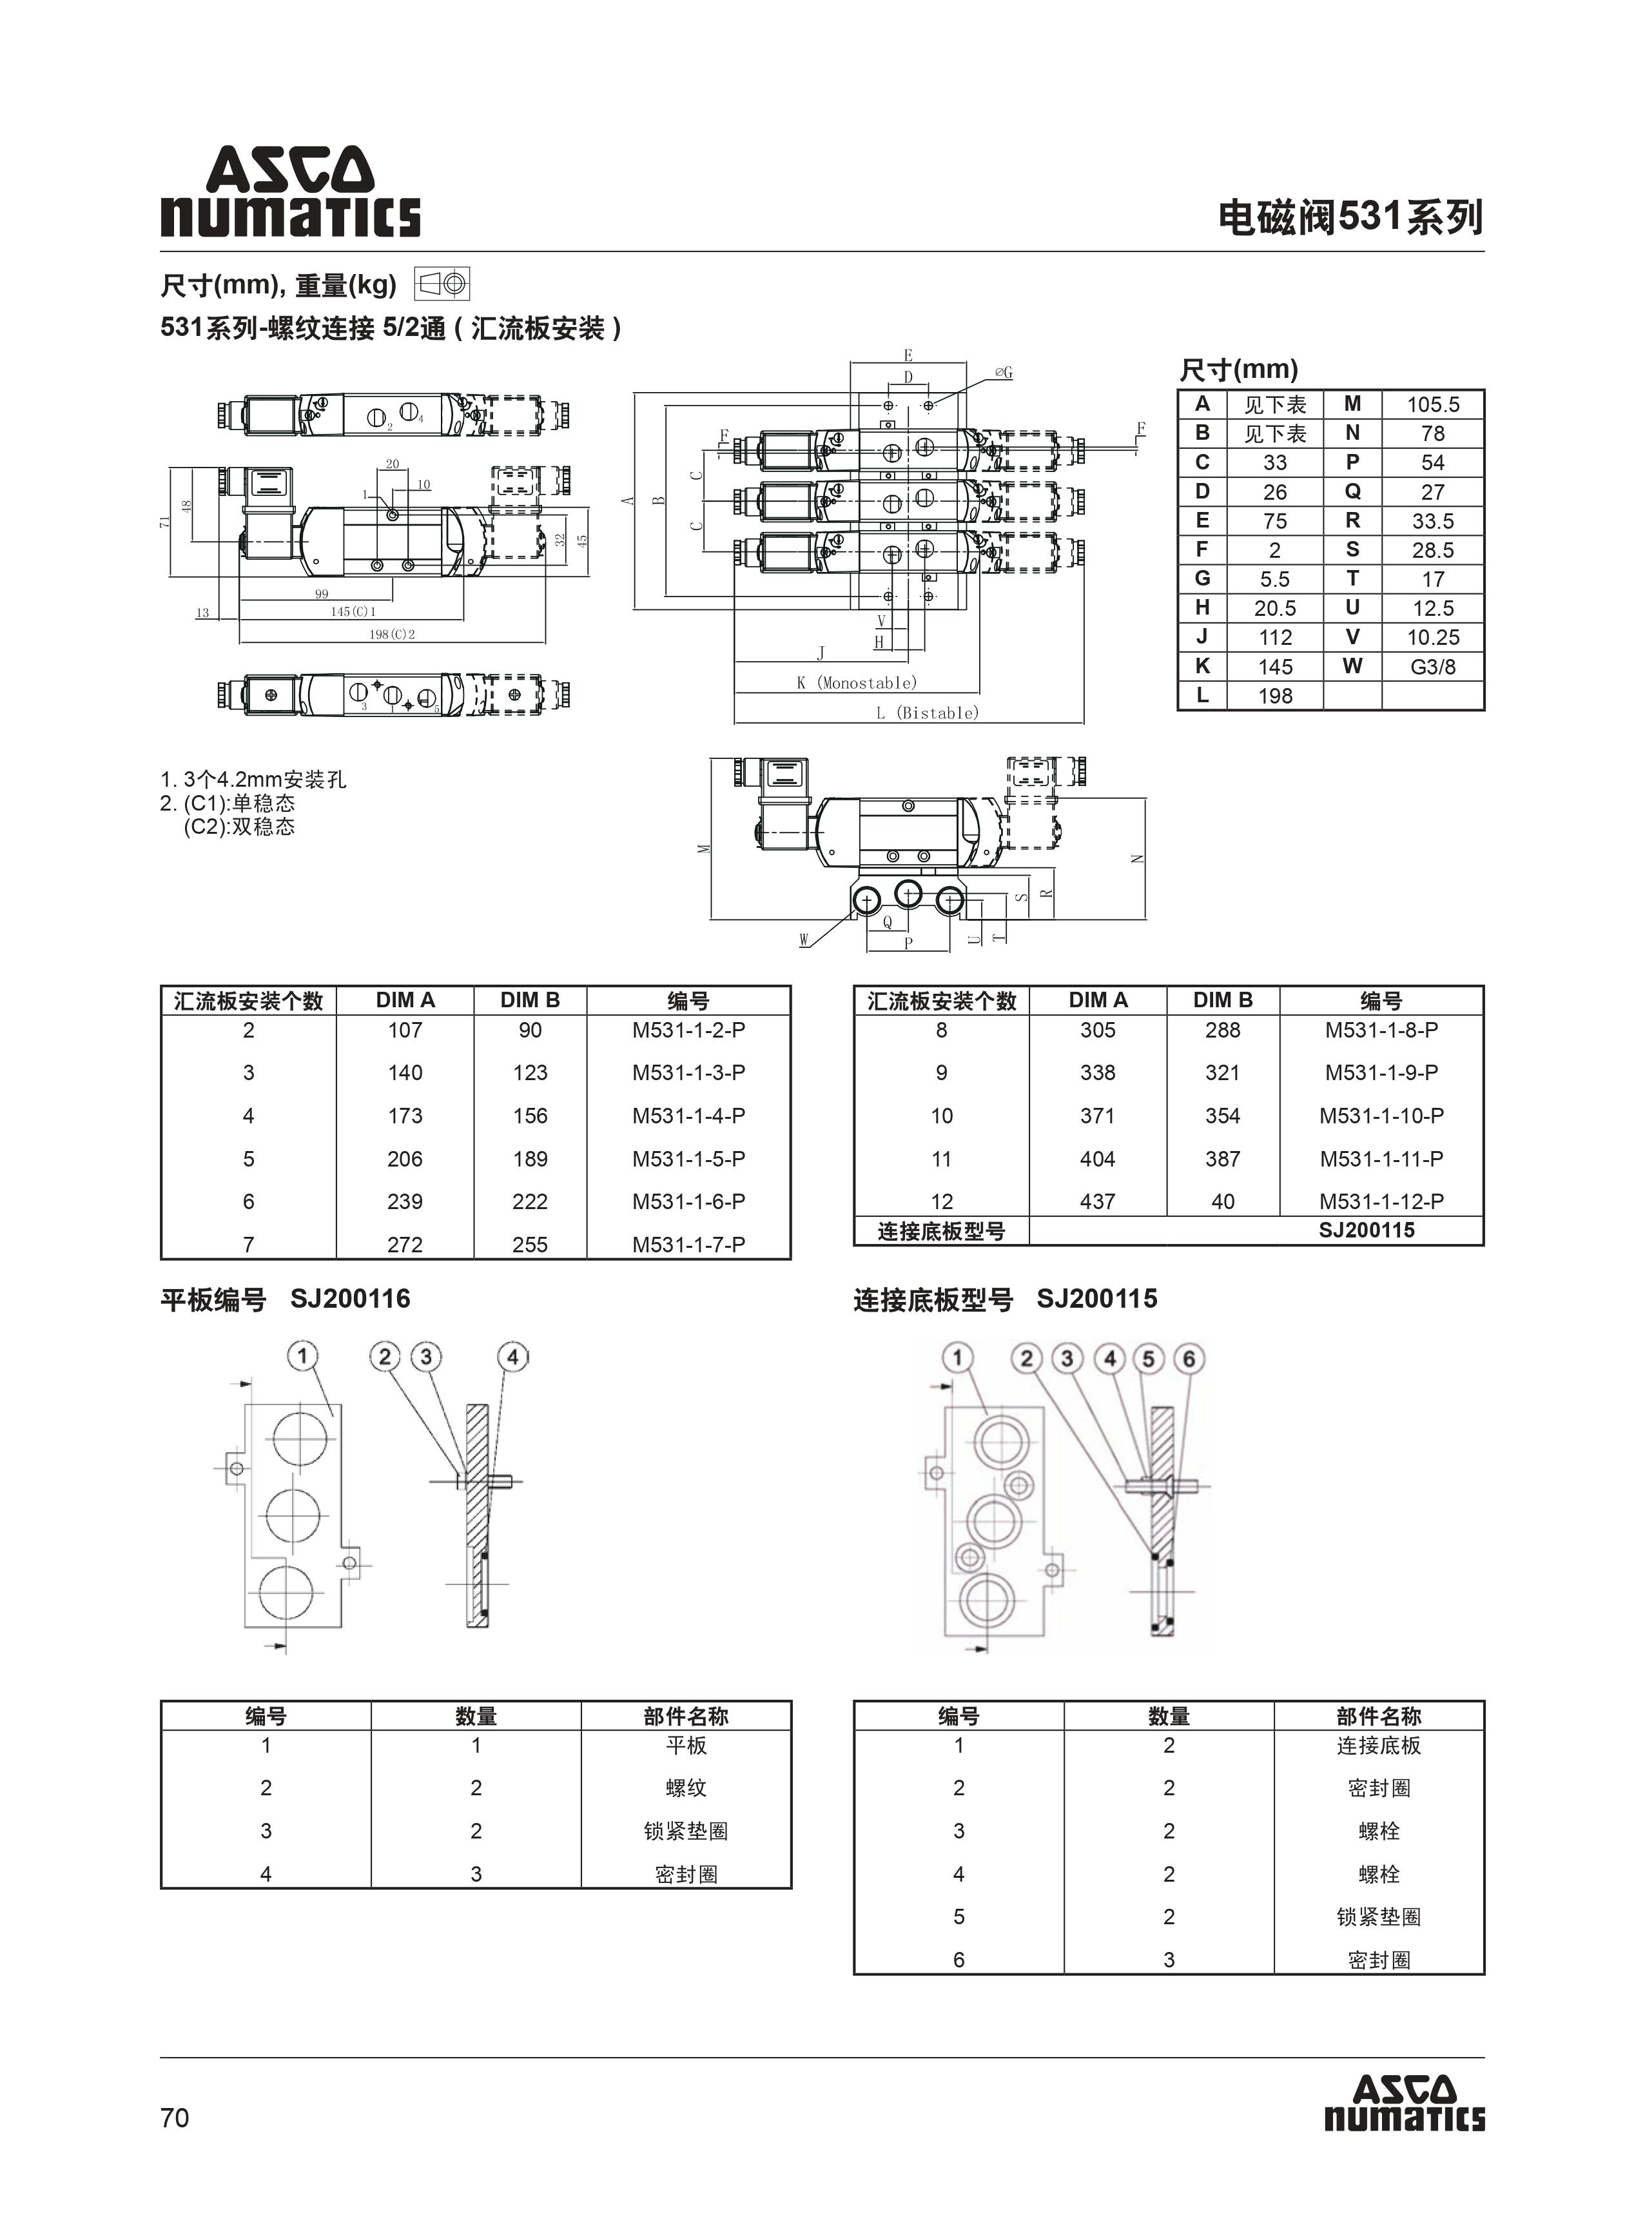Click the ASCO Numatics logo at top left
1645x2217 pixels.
(290, 192)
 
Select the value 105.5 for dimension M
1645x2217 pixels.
(1432, 404)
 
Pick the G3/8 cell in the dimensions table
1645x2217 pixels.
(1432, 666)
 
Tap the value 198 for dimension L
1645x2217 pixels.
(1274, 696)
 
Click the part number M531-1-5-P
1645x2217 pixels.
(688, 1158)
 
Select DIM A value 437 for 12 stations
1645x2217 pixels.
(1097, 1201)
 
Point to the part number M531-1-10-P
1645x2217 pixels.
(1381, 1116)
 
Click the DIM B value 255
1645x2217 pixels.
(530, 1244)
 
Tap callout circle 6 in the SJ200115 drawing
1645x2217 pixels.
(1188, 1359)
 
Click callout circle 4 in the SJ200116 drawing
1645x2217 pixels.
(512, 1357)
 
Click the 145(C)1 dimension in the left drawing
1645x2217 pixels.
(353, 611)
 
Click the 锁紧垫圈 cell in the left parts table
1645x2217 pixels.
(685, 1831)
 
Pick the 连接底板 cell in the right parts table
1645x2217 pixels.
(1378, 1745)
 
